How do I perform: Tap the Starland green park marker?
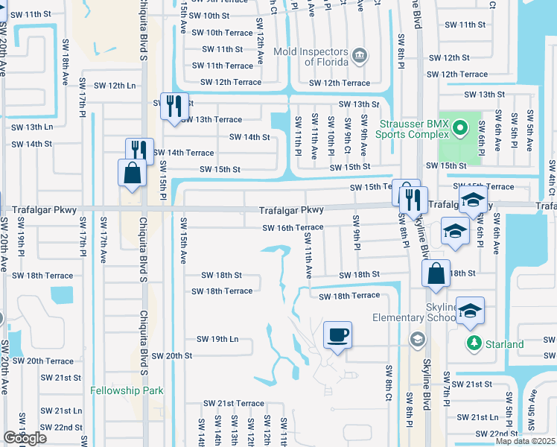pyautogui.click(x=473, y=343)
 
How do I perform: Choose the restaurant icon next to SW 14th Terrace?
pyautogui.click(x=139, y=150)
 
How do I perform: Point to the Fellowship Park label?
pyautogui.click(x=121, y=390)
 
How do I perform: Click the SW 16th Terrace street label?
pyautogui.click(x=292, y=227)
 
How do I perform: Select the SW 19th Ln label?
pyautogui.click(x=217, y=339)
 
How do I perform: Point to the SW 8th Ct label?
pyautogui.click(x=389, y=383)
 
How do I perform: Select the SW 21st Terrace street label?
pyautogui.click(x=234, y=403)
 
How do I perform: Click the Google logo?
pyautogui.click(x=25, y=438)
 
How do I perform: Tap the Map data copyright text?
pyautogui.click(x=525, y=441)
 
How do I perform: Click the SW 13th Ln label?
pyautogui.click(x=28, y=127)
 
